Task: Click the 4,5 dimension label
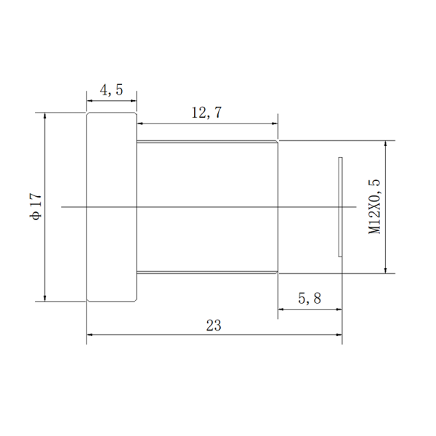111,90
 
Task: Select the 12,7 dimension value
206,113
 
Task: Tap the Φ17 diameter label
36,206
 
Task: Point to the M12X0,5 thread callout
374,207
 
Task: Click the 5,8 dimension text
310,299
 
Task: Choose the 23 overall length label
214,326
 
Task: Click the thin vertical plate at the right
340,207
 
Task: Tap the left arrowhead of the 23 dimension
89,335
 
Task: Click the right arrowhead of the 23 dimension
339,335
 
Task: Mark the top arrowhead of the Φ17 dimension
45,116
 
